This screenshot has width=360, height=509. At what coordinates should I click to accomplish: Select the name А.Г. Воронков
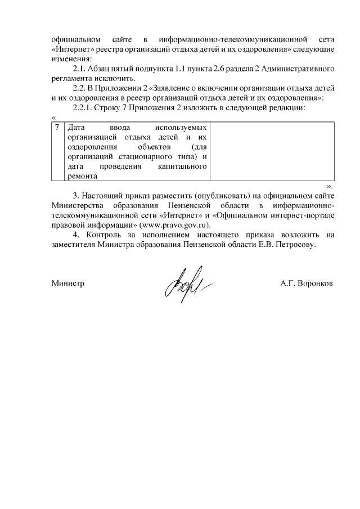[307, 284]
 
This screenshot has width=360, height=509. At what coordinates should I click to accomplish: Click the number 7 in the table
[57, 128]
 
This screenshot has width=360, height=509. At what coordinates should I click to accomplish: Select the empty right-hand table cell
[274, 152]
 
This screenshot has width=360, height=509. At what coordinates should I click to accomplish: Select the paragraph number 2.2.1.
[85, 107]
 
